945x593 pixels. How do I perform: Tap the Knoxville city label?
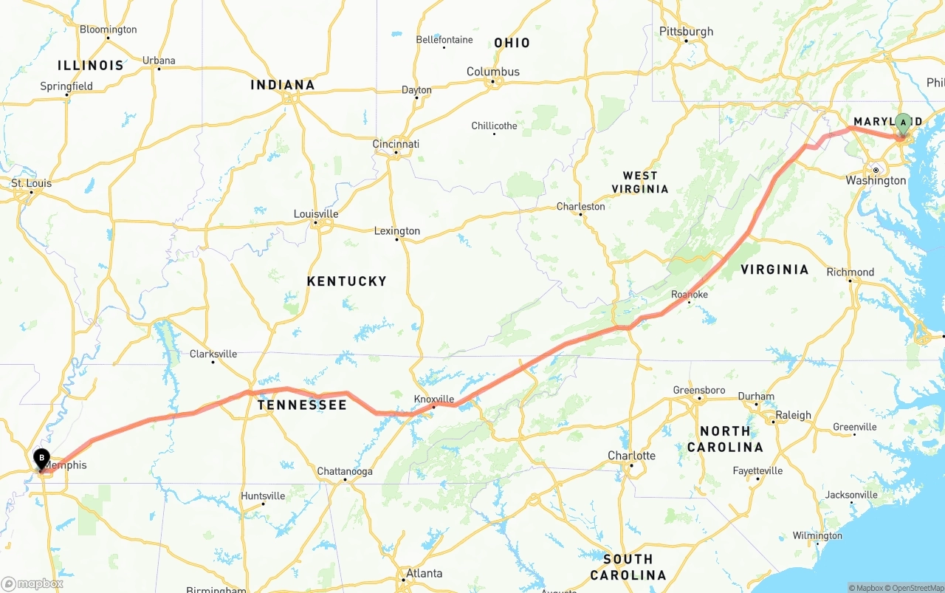[433, 399]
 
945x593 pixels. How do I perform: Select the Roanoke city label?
[689, 295]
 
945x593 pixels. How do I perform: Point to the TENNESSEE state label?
[301, 405]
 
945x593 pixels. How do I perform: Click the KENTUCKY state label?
[346, 281]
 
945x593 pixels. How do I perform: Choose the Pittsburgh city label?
[686, 31]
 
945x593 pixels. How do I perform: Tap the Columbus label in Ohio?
[492, 72]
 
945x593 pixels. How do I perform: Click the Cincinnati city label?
[396, 144]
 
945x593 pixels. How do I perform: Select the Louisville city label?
[316, 214]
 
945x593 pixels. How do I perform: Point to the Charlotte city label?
[631, 456]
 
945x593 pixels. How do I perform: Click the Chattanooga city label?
[345, 471]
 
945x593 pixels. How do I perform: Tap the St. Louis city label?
[31, 183]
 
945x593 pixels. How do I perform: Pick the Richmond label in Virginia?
[850, 272]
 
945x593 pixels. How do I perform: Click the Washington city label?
[876, 180]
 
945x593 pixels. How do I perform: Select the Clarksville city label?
[213, 354]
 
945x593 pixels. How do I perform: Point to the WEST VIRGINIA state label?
[640, 182]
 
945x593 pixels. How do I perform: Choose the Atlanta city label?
[424, 573]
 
